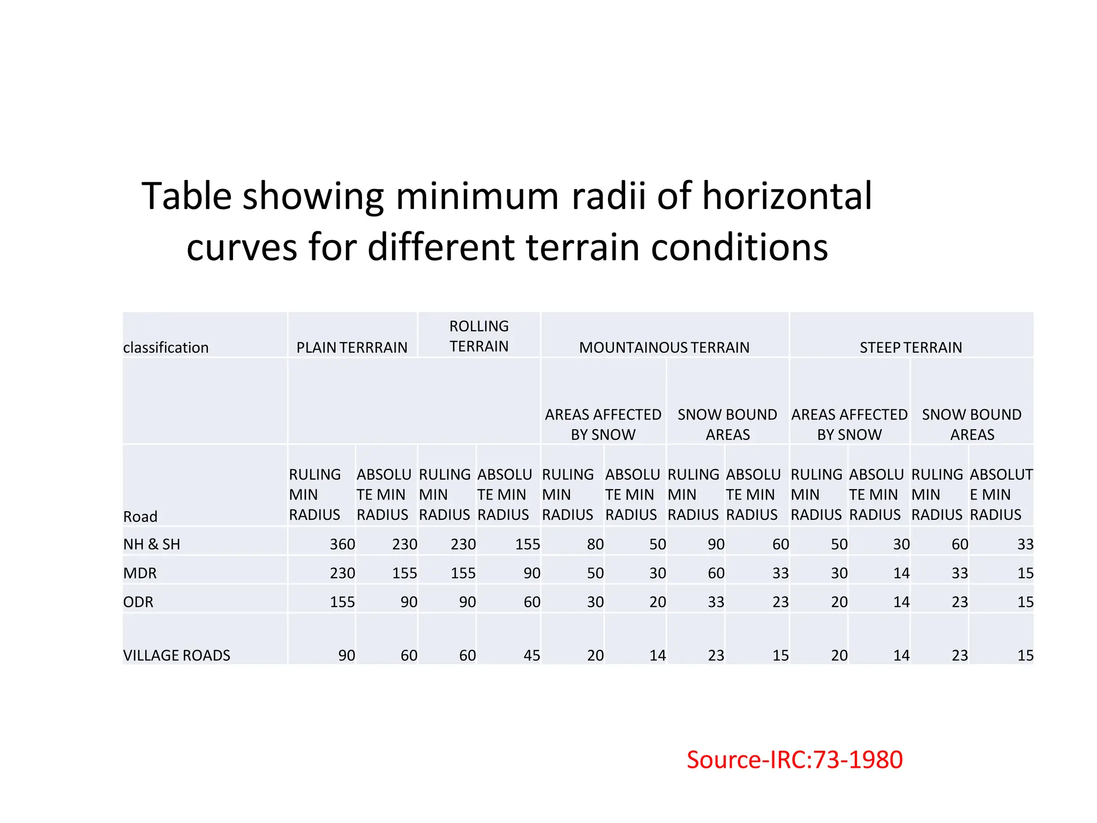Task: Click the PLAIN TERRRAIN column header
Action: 352,347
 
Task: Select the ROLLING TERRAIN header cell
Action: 479,336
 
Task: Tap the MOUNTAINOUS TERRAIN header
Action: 664,347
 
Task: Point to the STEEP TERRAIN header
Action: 911,347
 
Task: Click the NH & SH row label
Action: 152,544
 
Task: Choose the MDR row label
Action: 140,573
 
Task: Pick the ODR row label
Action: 138,602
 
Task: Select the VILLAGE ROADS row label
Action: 177,655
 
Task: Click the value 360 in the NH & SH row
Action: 342,544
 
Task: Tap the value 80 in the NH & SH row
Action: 595,544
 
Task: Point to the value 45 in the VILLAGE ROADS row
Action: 531,655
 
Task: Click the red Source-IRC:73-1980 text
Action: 794,759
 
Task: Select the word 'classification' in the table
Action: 166,347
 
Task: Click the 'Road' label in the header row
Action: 140,517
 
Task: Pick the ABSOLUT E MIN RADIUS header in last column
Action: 1001,494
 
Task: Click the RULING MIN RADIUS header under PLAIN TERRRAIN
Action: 315,494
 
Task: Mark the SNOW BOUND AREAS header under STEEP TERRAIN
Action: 972,424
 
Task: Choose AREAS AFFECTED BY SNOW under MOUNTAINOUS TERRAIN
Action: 603,424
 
